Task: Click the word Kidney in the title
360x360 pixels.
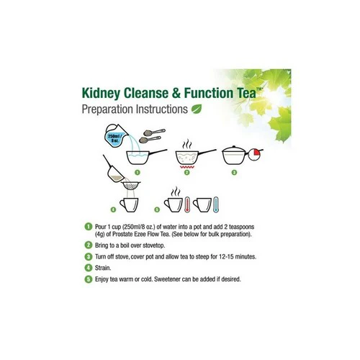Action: coord(101,94)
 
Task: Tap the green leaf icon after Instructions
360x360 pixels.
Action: coord(197,109)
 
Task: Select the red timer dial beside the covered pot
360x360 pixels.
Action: coord(255,154)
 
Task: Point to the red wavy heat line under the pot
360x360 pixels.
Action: coord(187,167)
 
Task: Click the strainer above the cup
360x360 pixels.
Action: coord(131,186)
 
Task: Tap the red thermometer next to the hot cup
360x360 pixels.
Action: coord(187,204)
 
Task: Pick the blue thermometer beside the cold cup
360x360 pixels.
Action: coord(216,204)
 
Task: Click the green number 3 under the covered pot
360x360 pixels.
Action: coord(234,172)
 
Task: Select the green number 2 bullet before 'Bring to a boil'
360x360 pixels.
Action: coord(89,245)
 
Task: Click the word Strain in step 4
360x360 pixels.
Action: coord(103,268)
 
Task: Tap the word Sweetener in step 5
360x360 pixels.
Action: coord(167,279)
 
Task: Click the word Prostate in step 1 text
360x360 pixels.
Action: coord(123,234)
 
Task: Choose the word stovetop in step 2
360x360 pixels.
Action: coord(154,246)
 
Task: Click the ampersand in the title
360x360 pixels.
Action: coord(176,93)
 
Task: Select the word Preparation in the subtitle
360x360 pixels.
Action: coord(107,109)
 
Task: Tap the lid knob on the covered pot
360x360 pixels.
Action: coord(235,146)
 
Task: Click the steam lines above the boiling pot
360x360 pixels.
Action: coord(187,145)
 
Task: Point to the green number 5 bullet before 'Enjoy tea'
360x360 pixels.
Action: coord(89,279)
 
